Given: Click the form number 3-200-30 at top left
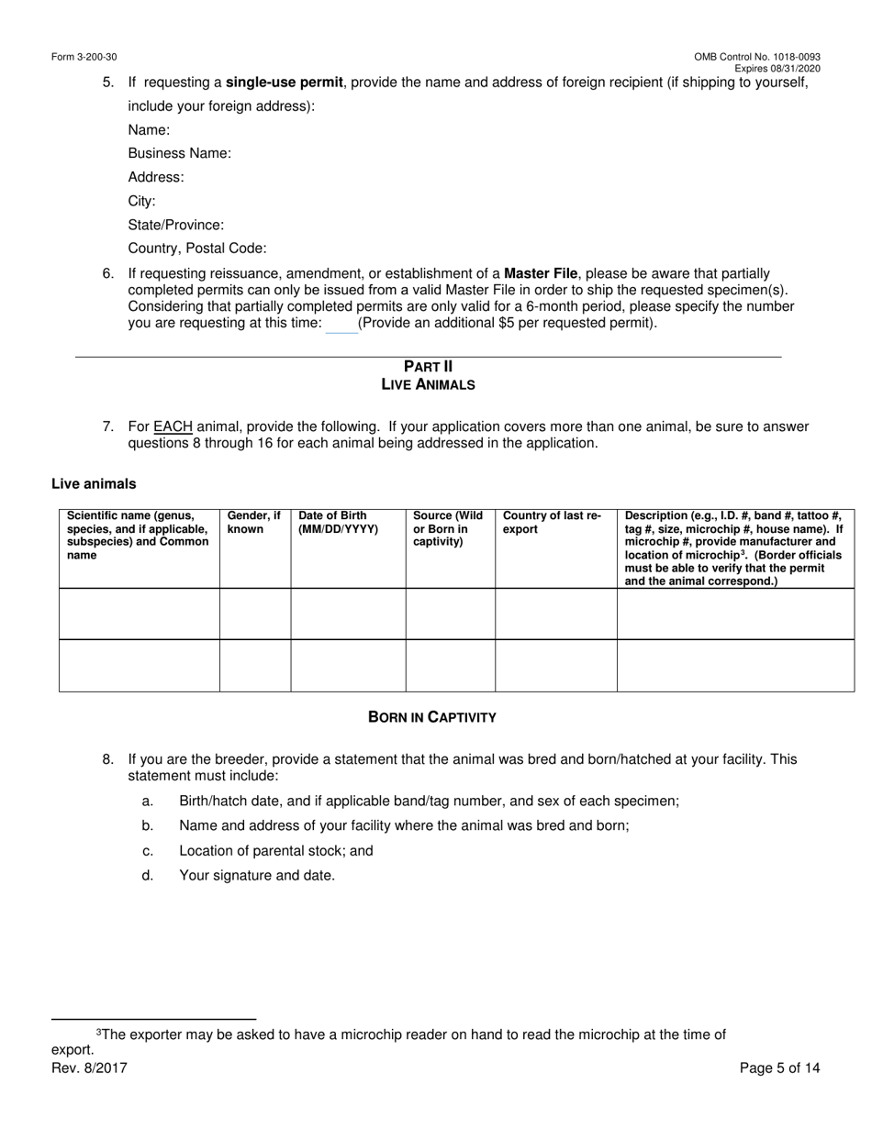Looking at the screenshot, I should (84, 57).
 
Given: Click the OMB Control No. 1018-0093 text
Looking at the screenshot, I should (756, 57).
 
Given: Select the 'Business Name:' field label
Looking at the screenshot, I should (179, 153).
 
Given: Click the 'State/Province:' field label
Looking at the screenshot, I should (175, 225).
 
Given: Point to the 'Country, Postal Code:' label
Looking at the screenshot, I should (197, 249).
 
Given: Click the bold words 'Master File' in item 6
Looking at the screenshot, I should (542, 273).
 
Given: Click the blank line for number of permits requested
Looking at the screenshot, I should (341, 325).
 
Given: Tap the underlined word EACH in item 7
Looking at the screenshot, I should (173, 426).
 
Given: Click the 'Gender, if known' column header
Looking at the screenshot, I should (254, 523).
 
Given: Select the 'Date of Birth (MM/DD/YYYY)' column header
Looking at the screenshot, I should (338, 523).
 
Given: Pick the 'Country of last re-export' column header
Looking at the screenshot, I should (553, 523).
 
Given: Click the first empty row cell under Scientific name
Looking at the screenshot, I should (140, 614).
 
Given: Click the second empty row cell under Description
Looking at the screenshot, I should (735, 665).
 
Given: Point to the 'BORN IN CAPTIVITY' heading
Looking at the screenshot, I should (431, 717).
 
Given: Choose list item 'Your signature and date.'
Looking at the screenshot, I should (257, 875).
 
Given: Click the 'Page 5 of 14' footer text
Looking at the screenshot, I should (779, 1067).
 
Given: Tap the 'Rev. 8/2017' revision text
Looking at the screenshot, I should (89, 1067).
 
